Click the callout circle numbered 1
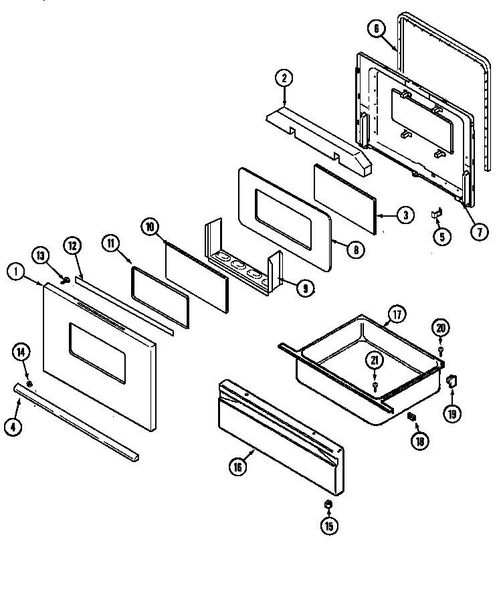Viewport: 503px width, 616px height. [x=15, y=272]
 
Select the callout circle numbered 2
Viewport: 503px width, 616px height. [x=284, y=78]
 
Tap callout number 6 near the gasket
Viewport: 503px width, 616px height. [x=377, y=28]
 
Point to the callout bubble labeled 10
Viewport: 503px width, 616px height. [x=150, y=227]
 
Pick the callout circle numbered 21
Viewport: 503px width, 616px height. [x=374, y=361]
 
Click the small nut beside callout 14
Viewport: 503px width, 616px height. [x=30, y=383]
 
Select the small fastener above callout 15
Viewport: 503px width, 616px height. [x=328, y=504]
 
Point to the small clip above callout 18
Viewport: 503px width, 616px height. [x=412, y=417]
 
